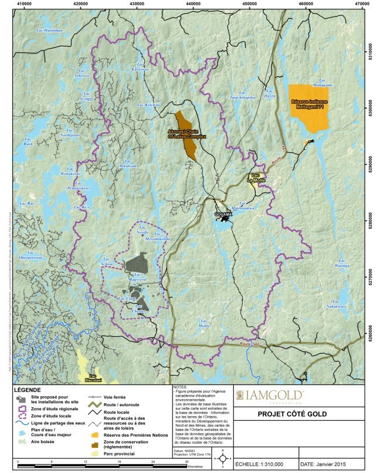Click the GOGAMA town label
click(x=224, y=215)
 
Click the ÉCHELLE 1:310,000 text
click(x=262, y=464)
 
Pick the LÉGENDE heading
click(x=27, y=390)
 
